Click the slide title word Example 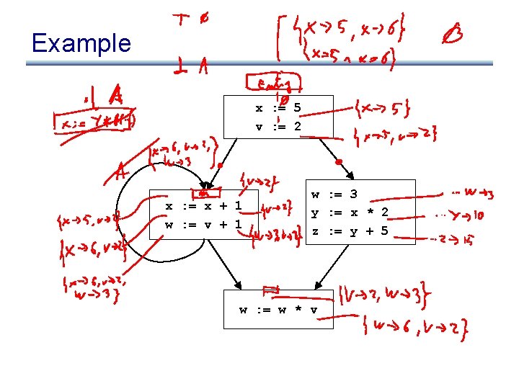pyautogui.click(x=81, y=43)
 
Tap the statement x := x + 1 pyautogui.click(x=203, y=207)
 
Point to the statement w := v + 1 pyautogui.click(x=203, y=224)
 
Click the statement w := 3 pyautogui.click(x=334, y=194)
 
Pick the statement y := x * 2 pyautogui.click(x=350, y=213)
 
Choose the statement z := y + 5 pyautogui.click(x=350, y=231)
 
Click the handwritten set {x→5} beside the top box pyautogui.click(x=383, y=109)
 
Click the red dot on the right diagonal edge pyautogui.click(x=338, y=161)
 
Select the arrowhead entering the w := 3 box pyautogui.click(x=350, y=174)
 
